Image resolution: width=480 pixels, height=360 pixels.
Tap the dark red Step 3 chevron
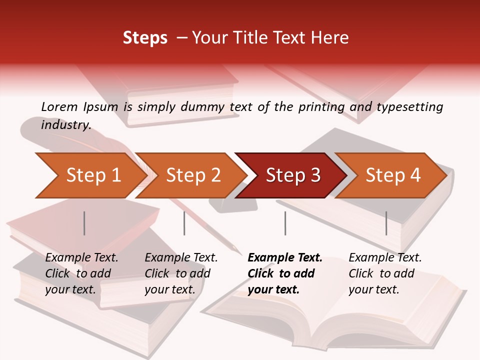293,175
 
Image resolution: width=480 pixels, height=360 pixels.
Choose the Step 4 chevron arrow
393,175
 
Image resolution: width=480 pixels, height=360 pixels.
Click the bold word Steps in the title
145,37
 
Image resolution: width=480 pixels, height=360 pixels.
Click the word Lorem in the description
59,106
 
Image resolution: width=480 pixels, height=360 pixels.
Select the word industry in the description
65,124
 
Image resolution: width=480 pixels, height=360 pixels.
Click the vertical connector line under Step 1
84,223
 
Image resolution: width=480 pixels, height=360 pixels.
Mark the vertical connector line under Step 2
184,223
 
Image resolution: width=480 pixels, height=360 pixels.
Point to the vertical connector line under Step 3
285,223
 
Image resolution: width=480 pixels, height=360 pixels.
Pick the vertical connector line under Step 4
386,223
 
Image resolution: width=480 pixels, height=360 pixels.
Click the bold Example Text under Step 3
285,258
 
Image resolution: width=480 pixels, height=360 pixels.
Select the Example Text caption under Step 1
81,258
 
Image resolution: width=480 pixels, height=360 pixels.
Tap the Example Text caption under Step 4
385,258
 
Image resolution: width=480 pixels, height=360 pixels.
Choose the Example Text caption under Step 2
181,258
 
